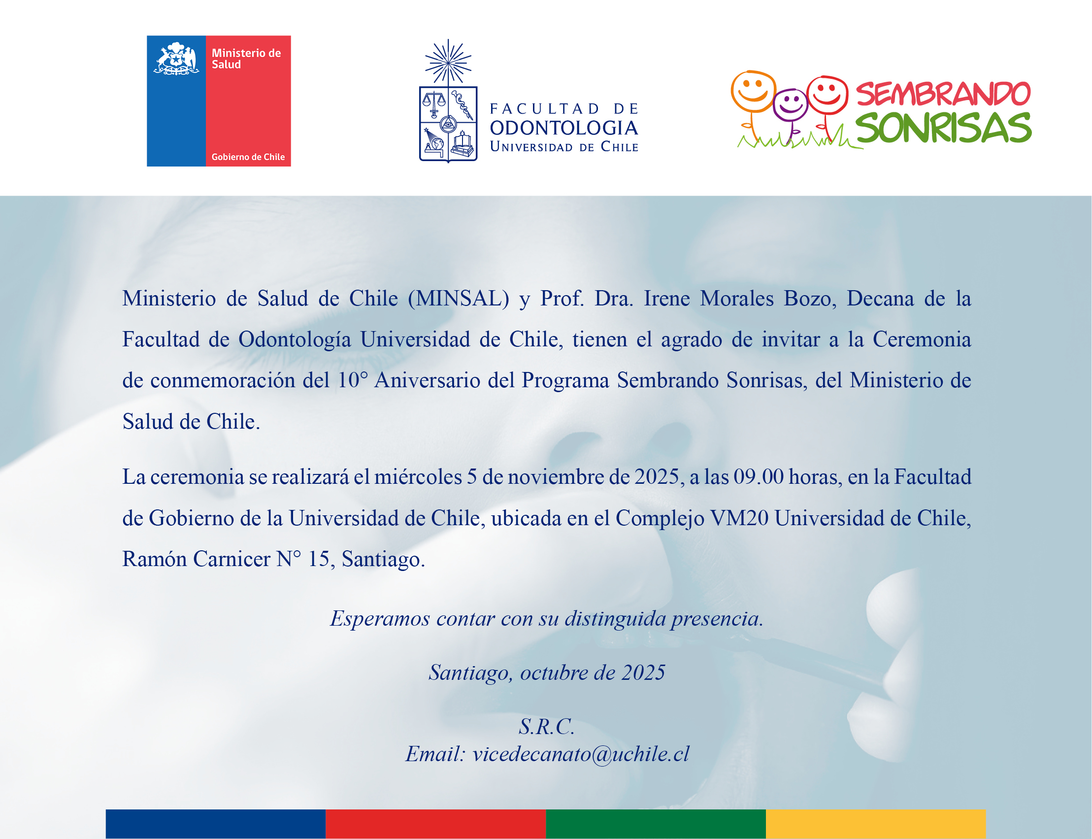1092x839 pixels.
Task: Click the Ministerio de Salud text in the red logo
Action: (246, 59)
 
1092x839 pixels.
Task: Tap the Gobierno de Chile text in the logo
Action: (248, 157)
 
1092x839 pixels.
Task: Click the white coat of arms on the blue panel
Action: (176, 59)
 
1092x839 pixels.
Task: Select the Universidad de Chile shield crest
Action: (448, 124)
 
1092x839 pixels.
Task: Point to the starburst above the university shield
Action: (448, 62)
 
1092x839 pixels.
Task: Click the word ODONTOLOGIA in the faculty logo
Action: (563, 128)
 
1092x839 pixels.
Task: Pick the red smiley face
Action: (827, 95)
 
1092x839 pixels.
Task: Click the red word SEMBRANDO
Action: (943, 94)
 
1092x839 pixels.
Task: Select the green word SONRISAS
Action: (944, 128)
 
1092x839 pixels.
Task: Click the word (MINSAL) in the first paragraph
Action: (459, 299)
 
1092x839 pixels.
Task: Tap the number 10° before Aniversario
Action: (353, 380)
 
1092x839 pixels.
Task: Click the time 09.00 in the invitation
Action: (759, 477)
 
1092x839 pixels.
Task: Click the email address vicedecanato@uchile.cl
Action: (581, 754)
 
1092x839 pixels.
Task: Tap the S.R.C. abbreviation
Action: (547, 726)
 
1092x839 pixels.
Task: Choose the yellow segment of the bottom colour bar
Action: (876, 824)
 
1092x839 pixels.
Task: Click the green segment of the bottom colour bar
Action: (656, 824)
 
